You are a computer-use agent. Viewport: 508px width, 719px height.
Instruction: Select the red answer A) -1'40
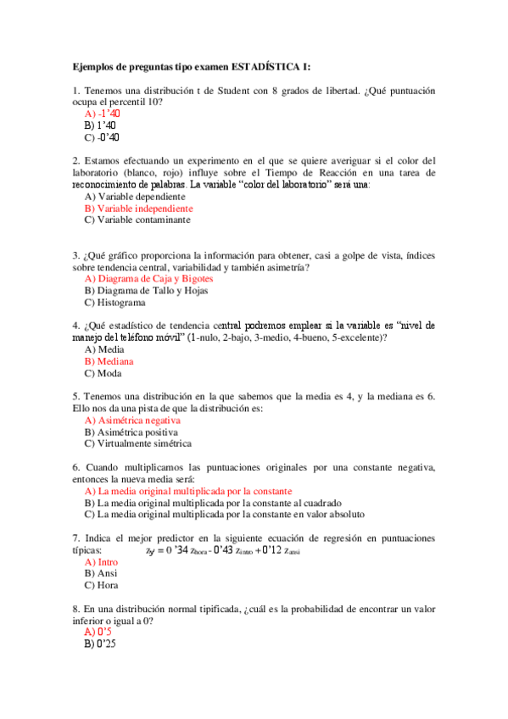click(103, 114)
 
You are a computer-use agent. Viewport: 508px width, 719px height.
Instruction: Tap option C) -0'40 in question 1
click(102, 137)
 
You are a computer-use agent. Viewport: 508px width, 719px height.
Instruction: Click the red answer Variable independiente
click(139, 208)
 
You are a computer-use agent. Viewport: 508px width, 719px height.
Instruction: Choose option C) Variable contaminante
click(137, 220)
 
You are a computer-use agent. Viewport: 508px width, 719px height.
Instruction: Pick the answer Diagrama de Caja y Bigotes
click(149, 278)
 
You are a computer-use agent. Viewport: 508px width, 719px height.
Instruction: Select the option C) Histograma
click(114, 302)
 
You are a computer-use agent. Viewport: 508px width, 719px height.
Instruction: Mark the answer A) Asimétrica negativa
click(132, 420)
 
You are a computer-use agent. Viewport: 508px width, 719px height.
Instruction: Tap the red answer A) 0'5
click(98, 632)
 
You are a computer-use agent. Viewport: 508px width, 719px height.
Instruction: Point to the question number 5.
click(75, 396)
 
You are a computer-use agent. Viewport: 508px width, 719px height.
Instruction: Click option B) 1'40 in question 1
click(100, 125)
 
